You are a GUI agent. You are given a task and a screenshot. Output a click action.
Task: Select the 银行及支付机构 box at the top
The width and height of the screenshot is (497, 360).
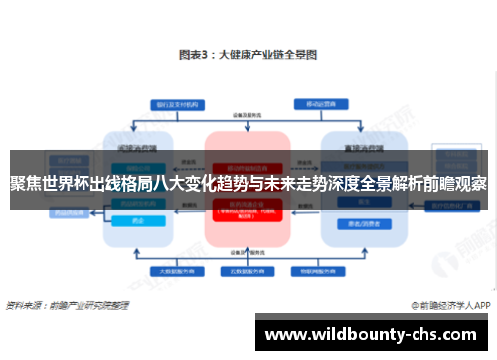click(174, 103)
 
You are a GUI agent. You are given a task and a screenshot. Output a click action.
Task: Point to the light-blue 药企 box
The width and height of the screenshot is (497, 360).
click(133, 222)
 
